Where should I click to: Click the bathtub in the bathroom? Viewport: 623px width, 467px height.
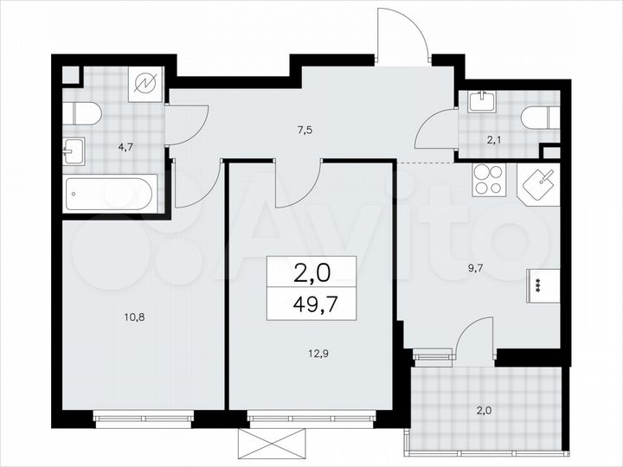111,193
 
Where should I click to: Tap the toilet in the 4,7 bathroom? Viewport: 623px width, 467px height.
83,112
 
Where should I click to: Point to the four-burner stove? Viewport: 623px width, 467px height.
487,182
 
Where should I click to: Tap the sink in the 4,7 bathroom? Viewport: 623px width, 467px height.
73,151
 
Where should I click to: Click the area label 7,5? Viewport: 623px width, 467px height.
304,131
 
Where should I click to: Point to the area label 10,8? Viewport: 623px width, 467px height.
133,317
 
